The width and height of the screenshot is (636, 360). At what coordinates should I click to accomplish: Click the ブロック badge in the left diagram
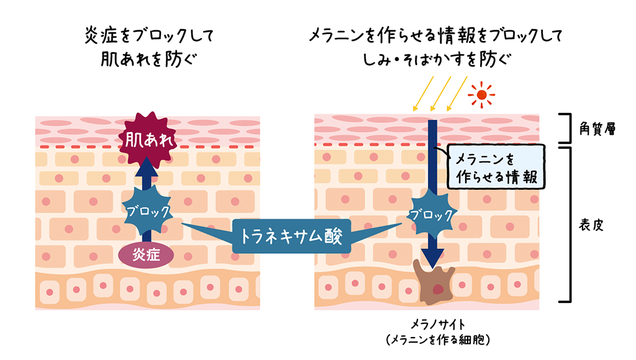click(x=147, y=210)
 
